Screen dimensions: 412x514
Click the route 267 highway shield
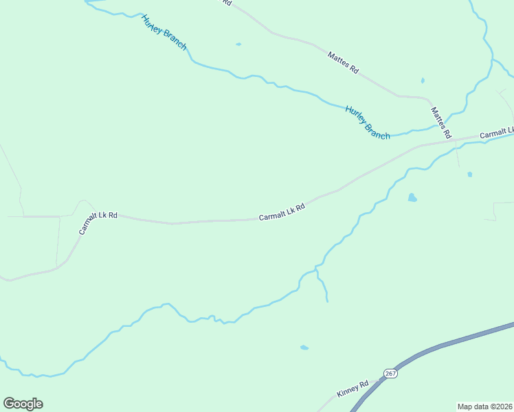tap(390, 373)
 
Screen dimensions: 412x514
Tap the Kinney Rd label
tap(353, 389)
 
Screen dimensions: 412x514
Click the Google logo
tap(23, 404)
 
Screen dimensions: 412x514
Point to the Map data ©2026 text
tap(484, 406)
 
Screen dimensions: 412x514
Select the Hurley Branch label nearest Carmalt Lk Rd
tap(368, 122)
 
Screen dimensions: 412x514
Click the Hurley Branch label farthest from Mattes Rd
tap(164, 31)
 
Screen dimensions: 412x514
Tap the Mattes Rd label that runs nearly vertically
tap(440, 122)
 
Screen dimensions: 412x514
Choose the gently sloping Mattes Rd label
tap(344, 62)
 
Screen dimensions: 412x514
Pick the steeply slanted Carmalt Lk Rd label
tap(98, 223)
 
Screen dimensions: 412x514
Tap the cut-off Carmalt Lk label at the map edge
tap(496, 133)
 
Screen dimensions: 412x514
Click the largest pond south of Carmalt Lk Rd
tap(412, 198)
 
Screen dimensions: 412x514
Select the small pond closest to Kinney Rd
tap(304, 347)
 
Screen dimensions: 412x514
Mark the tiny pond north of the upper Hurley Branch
tap(238, 45)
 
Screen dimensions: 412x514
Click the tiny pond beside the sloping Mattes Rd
tap(423, 81)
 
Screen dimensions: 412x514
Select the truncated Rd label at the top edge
tap(227, 2)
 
